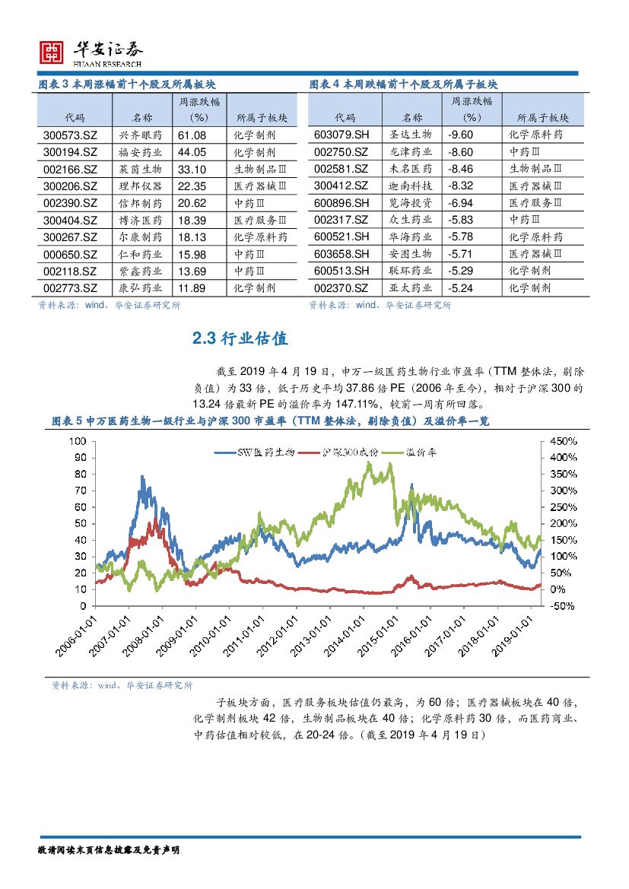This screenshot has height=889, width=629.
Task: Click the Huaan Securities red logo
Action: (52, 51)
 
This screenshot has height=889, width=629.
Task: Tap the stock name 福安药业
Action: (141, 153)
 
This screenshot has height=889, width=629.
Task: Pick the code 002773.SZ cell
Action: (71, 288)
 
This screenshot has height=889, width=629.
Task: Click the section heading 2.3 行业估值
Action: (240, 339)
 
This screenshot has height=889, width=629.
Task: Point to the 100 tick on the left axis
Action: (79, 441)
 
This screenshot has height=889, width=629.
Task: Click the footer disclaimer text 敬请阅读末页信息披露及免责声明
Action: (107, 849)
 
